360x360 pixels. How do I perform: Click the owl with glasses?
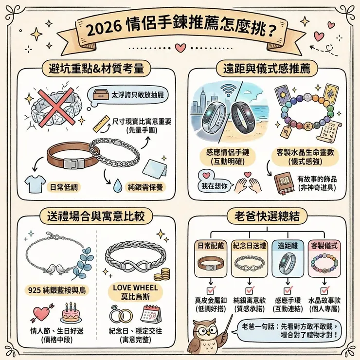205,336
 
